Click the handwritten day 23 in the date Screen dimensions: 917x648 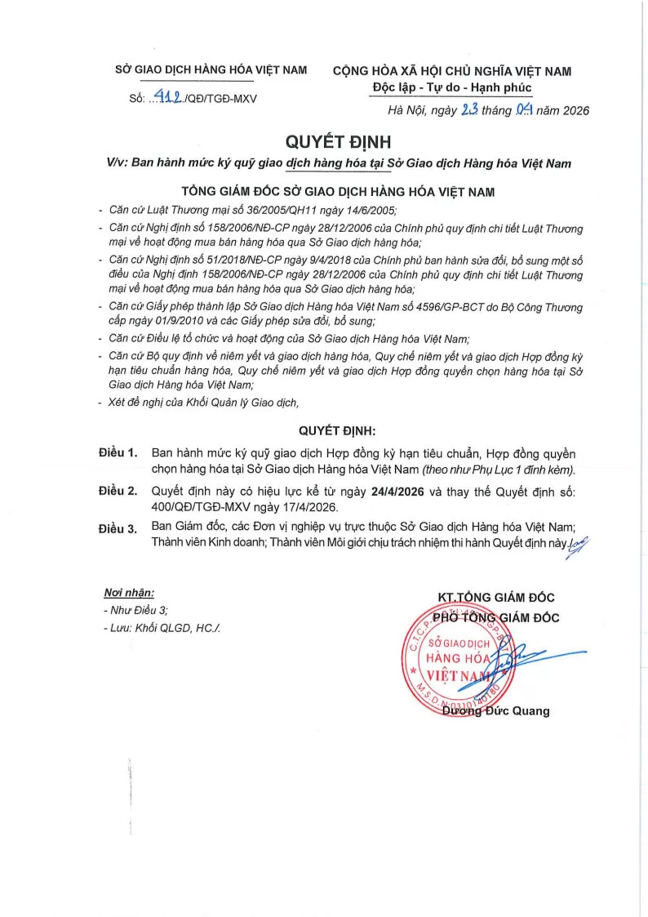pyautogui.click(x=471, y=110)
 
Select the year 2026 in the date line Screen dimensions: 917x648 pyautogui.click(x=572, y=111)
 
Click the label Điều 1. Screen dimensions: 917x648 pyautogui.click(x=117, y=452)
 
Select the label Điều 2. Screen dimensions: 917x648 pyautogui.click(x=117, y=492)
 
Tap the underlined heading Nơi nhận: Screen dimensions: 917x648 pyautogui.click(x=129, y=593)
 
